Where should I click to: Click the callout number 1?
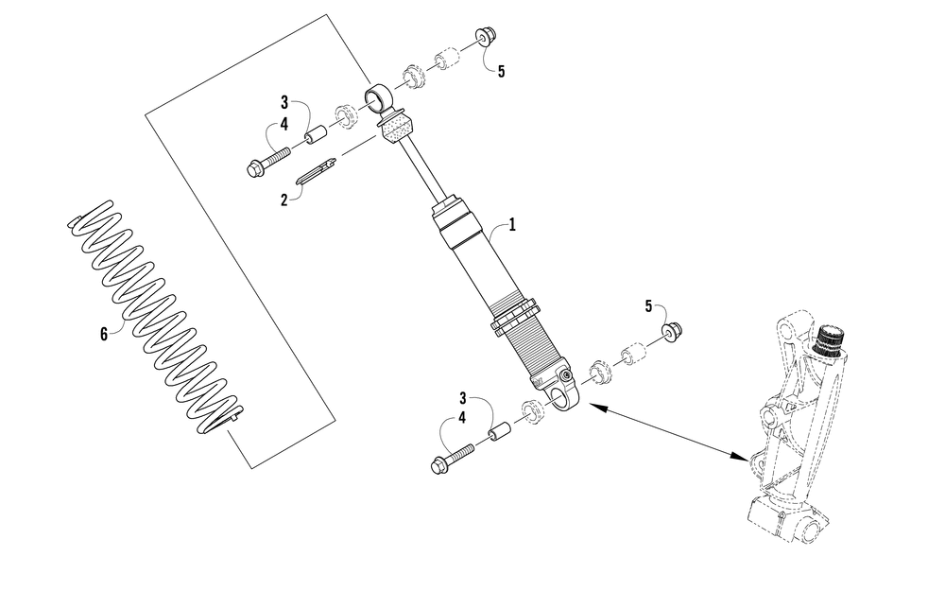click(x=512, y=225)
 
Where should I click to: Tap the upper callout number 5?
click(x=501, y=71)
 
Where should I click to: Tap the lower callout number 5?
click(x=648, y=305)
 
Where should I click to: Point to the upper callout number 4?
click(x=283, y=123)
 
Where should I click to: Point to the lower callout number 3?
click(x=463, y=398)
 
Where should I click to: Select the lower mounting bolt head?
click(x=439, y=464)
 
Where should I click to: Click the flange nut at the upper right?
click(x=485, y=37)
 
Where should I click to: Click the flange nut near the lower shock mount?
click(x=669, y=330)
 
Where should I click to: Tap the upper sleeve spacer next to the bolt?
click(x=314, y=135)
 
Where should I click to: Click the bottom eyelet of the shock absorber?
click(x=565, y=396)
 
